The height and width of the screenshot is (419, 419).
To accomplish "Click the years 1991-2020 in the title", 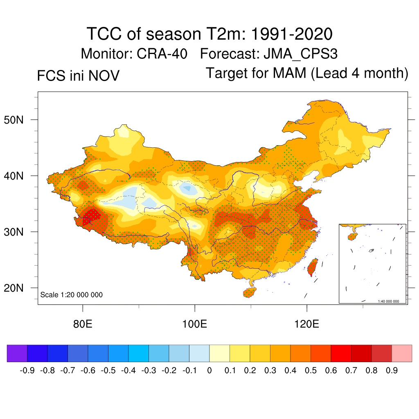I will click(x=291, y=34).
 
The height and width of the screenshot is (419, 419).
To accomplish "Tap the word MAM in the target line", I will click(x=291, y=73).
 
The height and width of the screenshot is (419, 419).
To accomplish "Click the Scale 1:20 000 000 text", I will click(x=72, y=295).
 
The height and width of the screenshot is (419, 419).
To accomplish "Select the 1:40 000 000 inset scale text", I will click(x=388, y=301).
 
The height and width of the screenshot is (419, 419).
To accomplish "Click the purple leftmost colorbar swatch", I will click(x=17, y=354).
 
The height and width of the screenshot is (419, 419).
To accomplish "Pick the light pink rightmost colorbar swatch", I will click(x=402, y=354).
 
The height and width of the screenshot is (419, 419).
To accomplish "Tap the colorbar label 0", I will click(x=209, y=371).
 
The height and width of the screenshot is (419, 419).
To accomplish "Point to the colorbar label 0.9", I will click(x=392, y=371).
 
